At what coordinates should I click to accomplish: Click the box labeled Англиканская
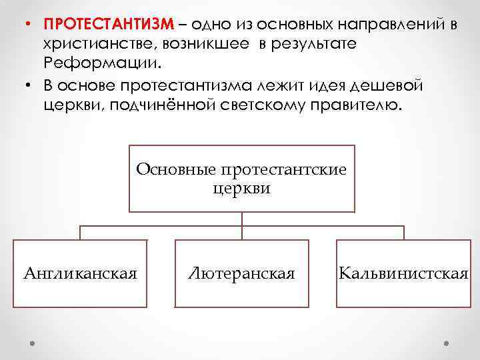click(80, 273)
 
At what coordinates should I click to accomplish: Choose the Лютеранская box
click(241, 273)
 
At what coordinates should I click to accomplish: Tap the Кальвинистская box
click(403, 273)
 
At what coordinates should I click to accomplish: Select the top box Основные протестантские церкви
click(241, 178)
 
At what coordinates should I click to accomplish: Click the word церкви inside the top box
click(241, 188)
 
